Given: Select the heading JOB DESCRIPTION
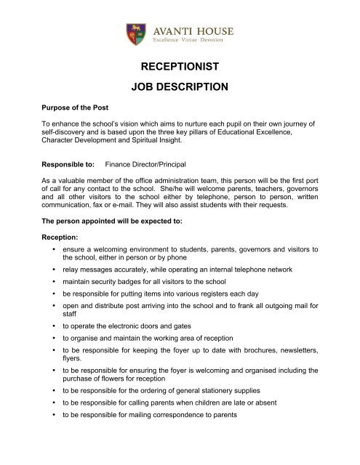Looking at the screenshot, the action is pos(180,89).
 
